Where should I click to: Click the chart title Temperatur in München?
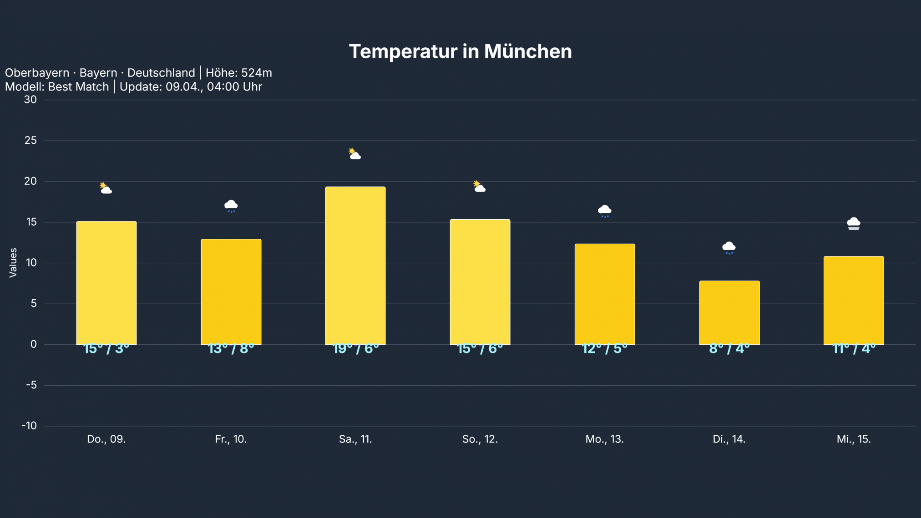coord(460,51)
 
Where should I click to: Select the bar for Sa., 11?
coord(355,266)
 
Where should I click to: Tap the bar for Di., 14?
coord(729,313)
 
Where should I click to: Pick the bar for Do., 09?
coord(106,283)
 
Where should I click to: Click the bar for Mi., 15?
coord(854,301)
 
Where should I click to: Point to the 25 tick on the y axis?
coord(30,141)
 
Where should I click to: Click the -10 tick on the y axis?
coord(29,426)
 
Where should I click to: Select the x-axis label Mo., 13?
coord(604,439)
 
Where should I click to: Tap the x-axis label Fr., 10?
coord(231,439)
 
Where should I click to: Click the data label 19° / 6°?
coord(355,349)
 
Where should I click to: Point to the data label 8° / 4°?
coord(729,349)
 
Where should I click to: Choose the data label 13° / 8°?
coord(231,349)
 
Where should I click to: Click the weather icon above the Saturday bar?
coord(354,154)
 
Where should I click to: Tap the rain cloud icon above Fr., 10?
coord(231,206)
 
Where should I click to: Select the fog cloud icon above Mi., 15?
coord(854,223)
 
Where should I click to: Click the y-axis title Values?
coord(13,262)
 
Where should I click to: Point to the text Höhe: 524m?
coord(238,73)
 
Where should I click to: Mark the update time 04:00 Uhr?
coord(234,87)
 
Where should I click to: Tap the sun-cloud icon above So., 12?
coord(479,186)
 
